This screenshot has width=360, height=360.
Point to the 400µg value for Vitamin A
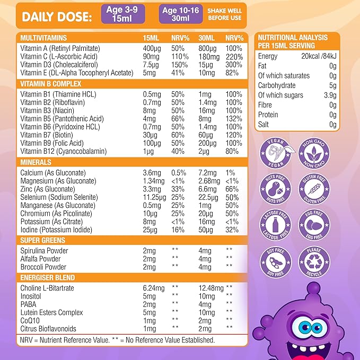(152, 48)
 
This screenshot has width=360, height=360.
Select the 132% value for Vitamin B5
(234, 119)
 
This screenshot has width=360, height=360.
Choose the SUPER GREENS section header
(43, 240)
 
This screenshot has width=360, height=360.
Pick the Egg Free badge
(314, 226)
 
